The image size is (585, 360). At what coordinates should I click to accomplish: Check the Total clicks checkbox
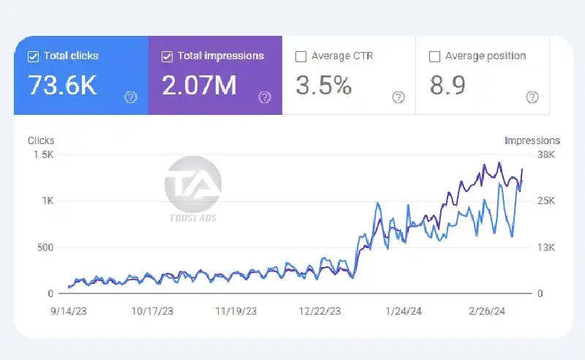[32, 56]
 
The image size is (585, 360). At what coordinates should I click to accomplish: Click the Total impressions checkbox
[167, 56]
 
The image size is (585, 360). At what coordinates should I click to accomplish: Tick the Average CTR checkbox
[301, 56]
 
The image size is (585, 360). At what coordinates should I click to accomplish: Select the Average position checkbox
[434, 56]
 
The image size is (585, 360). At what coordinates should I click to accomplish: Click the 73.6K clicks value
[62, 86]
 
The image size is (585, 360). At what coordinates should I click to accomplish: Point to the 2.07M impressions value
[200, 86]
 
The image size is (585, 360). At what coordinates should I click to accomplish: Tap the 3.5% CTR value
[323, 86]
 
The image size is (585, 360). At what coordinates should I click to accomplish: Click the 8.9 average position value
[448, 86]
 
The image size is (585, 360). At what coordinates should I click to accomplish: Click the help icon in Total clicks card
[131, 97]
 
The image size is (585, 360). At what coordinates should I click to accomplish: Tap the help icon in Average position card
[532, 97]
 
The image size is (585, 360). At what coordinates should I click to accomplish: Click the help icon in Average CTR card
[399, 97]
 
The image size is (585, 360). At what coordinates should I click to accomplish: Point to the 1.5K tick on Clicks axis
[42, 155]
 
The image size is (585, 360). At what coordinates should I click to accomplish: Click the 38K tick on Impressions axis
[546, 155]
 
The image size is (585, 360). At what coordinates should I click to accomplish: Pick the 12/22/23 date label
[320, 310]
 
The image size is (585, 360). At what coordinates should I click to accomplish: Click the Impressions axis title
[532, 140]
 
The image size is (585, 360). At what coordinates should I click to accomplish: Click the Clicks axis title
[41, 140]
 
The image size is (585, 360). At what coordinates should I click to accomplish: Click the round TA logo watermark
[192, 182]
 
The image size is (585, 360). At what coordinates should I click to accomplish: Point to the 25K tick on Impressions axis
[546, 201]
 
